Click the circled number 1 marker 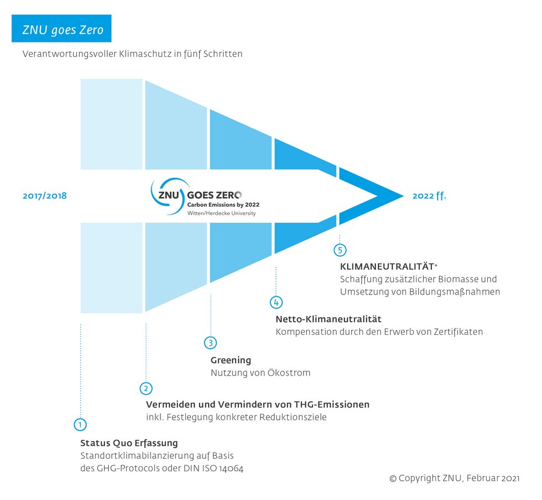(x=80, y=424)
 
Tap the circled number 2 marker (x=146, y=388)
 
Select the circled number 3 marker (x=211, y=343)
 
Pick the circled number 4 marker (x=276, y=303)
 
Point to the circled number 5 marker (x=340, y=250)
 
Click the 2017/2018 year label (x=45, y=196)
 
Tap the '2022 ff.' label (x=429, y=196)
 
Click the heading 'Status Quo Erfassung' (x=129, y=443)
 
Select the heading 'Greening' (x=231, y=360)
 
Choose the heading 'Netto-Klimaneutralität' (x=329, y=319)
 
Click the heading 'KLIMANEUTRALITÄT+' (x=389, y=266)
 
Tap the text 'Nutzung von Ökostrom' (x=260, y=373)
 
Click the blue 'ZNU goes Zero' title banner (x=61, y=28)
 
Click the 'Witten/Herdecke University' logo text (x=222, y=213)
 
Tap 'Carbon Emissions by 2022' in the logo (x=223, y=205)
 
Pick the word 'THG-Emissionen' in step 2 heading (x=332, y=404)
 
